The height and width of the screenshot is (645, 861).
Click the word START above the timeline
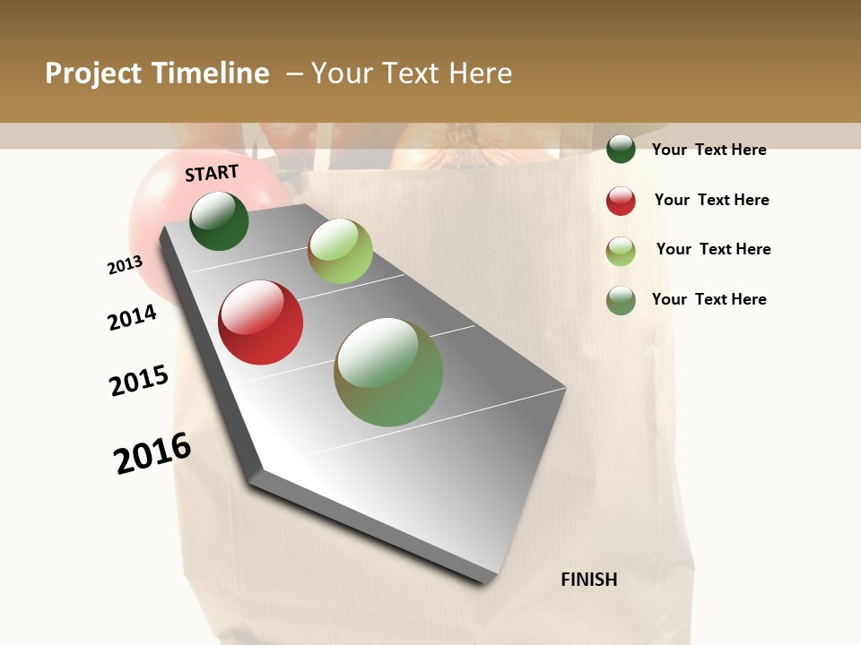(x=212, y=173)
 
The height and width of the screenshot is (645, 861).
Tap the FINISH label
(x=589, y=580)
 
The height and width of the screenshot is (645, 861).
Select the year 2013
(x=125, y=265)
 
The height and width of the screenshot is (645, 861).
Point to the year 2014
(x=132, y=317)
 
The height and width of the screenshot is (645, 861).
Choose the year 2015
(x=139, y=381)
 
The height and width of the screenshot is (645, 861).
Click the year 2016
(x=152, y=453)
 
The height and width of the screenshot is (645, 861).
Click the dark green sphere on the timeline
(x=219, y=221)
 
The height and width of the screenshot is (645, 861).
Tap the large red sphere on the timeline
(x=261, y=322)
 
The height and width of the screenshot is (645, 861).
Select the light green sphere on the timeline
(x=340, y=251)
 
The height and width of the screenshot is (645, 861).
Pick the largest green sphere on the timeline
(x=388, y=372)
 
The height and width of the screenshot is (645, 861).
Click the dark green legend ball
(x=621, y=149)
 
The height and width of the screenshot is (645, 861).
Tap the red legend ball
(x=621, y=201)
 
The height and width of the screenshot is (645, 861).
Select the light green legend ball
(x=621, y=251)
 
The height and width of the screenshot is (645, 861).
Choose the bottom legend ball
(x=621, y=300)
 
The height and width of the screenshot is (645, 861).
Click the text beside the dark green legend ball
(x=709, y=150)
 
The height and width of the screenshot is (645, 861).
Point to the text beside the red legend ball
(x=711, y=200)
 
